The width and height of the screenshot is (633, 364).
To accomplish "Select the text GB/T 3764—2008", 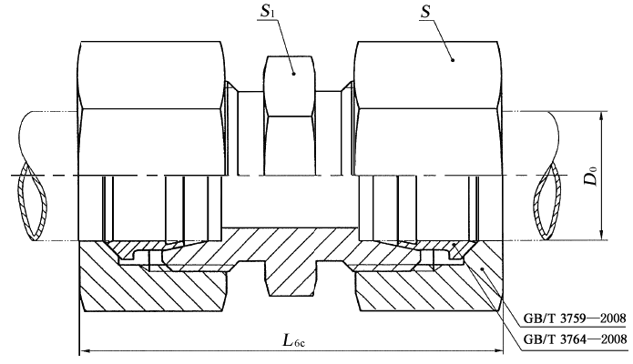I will coord(572,340).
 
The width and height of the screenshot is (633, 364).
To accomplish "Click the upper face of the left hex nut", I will coord(152,73).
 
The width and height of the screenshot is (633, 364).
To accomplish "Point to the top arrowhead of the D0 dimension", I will coord(605,116).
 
